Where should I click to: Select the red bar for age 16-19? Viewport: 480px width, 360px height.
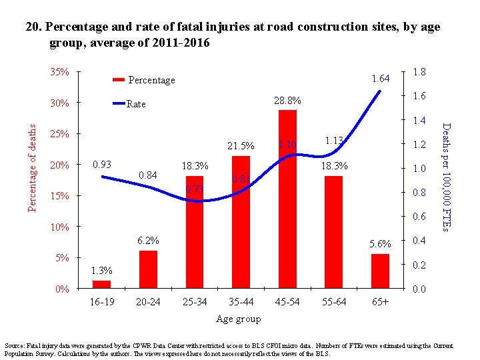coord(101,285)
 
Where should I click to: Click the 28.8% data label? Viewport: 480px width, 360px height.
coord(287,101)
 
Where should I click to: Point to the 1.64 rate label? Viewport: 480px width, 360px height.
coord(380,79)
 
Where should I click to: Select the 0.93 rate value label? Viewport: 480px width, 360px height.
coord(102,164)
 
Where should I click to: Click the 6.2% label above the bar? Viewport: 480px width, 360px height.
coord(148,240)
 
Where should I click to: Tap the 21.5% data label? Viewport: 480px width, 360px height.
coord(241,146)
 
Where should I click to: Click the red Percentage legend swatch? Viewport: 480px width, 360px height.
coord(119,80)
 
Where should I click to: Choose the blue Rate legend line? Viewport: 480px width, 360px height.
coord(119,104)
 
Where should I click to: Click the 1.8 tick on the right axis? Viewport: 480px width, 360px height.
coord(420,72)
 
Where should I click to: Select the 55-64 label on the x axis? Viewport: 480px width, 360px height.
coord(333,302)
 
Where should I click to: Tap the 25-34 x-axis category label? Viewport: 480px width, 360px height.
coord(194,302)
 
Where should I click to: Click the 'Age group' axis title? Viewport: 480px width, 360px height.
coord(239,319)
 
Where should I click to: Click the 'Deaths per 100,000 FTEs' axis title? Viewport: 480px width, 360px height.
coord(447,177)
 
